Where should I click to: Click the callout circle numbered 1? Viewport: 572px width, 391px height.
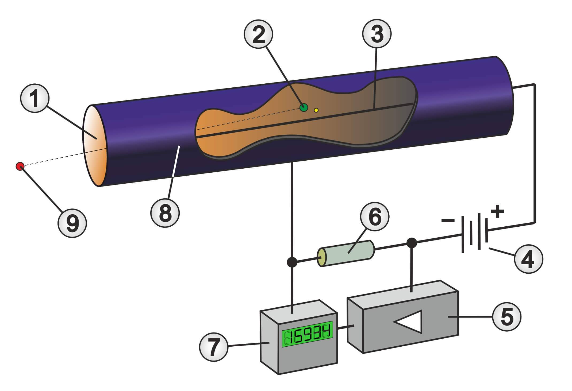(35, 101)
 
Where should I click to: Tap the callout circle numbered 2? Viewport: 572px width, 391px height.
(258, 35)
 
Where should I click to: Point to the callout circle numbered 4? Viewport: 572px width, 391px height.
(528, 258)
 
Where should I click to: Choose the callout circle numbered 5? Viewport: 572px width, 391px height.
(507, 316)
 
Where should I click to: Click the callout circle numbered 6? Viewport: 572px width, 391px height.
(375, 218)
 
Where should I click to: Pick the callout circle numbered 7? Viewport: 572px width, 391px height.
(213, 347)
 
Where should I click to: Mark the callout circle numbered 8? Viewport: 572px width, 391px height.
(165, 213)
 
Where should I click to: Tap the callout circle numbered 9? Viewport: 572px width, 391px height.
(72, 223)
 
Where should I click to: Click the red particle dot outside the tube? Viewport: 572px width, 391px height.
(20, 166)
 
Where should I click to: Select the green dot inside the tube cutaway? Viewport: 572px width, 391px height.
(304, 107)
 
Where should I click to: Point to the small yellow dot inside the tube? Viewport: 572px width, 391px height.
(316, 110)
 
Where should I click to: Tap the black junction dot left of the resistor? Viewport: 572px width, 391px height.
(292, 262)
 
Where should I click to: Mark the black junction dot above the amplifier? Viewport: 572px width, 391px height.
(412, 243)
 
